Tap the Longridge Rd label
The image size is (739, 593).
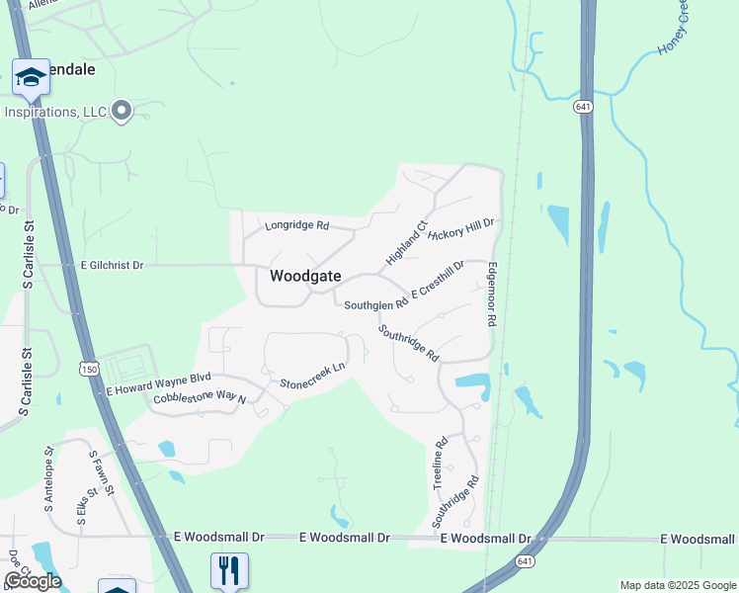(296, 226)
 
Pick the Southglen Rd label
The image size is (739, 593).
(375, 305)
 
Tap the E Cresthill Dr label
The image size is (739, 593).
(438, 281)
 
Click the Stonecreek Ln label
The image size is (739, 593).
(312, 376)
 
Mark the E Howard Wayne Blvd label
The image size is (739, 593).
(159, 383)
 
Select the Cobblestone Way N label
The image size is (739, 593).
(199, 398)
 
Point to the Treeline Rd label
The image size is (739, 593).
(441, 463)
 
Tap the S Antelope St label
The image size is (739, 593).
(49, 477)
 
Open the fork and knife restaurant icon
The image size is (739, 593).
(229, 569)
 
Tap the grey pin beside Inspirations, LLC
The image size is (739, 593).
(122, 111)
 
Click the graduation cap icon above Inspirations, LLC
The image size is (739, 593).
(31, 77)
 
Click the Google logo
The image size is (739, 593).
(33, 581)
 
